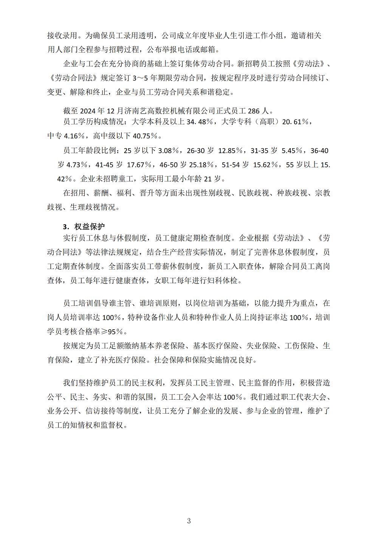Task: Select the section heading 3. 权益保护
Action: coord(84,226)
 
